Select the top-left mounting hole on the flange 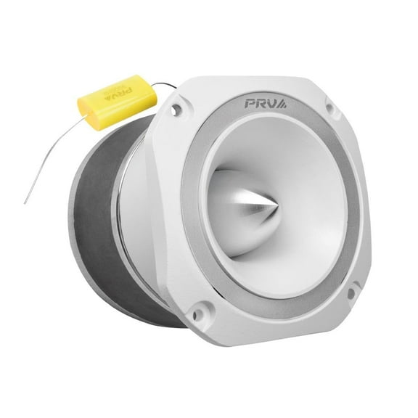tap(176, 110)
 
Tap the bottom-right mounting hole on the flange tap(351, 293)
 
